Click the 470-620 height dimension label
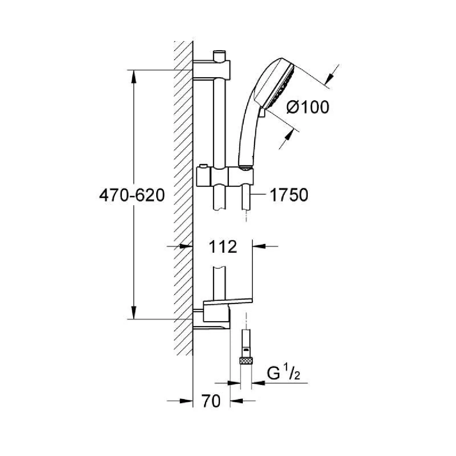tap(132, 196)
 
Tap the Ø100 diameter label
tap(307, 107)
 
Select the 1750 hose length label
tap(289, 195)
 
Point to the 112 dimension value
tap(223, 247)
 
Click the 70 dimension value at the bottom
tap(211, 401)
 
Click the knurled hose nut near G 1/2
tap(246, 361)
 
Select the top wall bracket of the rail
tap(212, 70)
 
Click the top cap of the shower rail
tap(219, 55)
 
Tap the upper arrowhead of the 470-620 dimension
tap(134, 77)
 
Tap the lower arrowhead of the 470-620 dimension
tap(134, 313)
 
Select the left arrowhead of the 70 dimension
tap(186, 401)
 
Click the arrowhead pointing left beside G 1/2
tap(258, 383)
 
